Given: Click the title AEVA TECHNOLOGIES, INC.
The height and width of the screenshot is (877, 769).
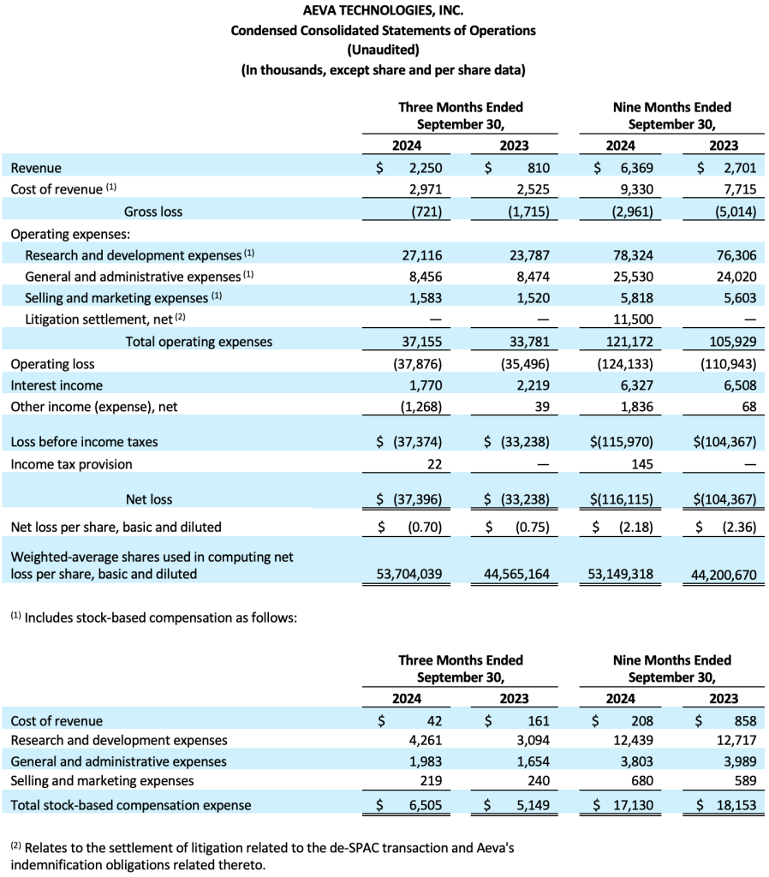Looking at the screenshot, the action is pyautogui.click(x=383, y=10).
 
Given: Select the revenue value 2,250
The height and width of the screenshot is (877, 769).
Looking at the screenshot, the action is pyautogui.click(x=426, y=168).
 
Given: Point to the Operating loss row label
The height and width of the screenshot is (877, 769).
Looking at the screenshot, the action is pyautogui.click(x=52, y=364).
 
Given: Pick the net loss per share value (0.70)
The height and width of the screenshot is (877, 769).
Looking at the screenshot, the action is pyautogui.click(x=425, y=527).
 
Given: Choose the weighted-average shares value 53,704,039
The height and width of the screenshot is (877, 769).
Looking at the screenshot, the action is pyautogui.click(x=408, y=574).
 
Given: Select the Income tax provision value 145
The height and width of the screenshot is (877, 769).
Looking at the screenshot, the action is pyautogui.click(x=642, y=464).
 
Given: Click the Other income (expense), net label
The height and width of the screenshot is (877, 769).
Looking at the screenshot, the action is pyautogui.click(x=94, y=407).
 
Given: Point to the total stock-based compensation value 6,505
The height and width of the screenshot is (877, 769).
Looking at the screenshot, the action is pyautogui.click(x=425, y=805).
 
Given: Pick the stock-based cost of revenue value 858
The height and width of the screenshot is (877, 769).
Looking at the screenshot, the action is pyautogui.click(x=746, y=721).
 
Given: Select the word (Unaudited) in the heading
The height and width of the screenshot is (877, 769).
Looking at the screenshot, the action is pyautogui.click(x=383, y=50).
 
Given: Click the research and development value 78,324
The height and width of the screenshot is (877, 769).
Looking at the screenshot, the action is pyautogui.click(x=633, y=255).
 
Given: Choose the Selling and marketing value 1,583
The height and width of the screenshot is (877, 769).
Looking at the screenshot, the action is pyautogui.click(x=425, y=298).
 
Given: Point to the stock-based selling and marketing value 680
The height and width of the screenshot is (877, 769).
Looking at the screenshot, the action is pyautogui.click(x=642, y=781).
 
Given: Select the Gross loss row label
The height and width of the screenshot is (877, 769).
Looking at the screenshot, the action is pyautogui.click(x=153, y=212).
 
